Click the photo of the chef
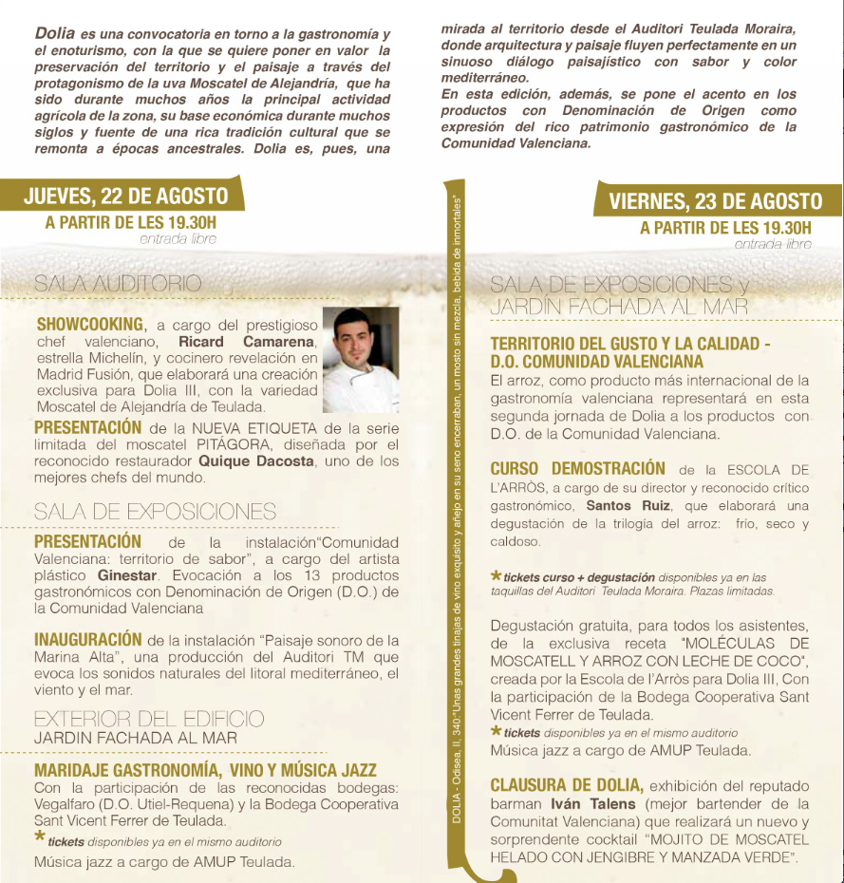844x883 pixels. click(361, 359)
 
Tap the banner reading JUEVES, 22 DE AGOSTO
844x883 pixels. click(125, 197)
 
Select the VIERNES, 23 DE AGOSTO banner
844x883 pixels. click(715, 201)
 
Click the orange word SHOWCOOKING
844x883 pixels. click(90, 324)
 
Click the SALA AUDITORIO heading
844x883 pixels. click(118, 283)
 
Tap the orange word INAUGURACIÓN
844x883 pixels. click(88, 640)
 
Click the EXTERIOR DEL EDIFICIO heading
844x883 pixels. click(149, 718)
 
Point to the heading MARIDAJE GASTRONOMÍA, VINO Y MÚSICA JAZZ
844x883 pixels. click(205, 770)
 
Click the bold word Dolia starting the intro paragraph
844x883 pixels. click(55, 33)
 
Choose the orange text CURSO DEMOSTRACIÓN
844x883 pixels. click(577, 469)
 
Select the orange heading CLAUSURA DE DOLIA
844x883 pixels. click(567, 786)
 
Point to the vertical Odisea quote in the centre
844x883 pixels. click(457, 513)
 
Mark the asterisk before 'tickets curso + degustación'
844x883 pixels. click(496, 575)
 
